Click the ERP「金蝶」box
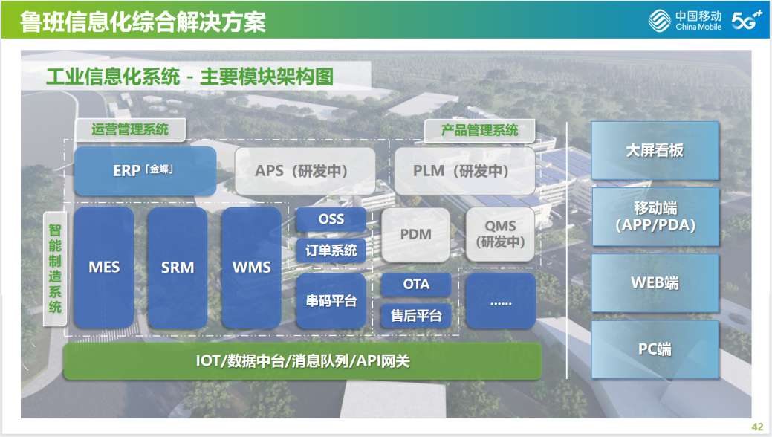point(145,171)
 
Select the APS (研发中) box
point(305,171)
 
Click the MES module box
point(104,268)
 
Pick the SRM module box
point(178,268)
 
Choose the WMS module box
point(252,268)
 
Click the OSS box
point(331,219)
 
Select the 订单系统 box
point(331,250)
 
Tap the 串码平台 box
point(331,301)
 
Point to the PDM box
point(416,234)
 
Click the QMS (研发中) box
point(501,234)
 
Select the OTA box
point(416,285)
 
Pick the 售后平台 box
point(416,316)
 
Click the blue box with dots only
point(501,301)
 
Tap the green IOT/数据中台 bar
point(302,361)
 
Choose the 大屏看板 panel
point(655,150)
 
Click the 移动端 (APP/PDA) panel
point(655,216)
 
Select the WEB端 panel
point(655,282)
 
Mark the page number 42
point(757,427)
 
